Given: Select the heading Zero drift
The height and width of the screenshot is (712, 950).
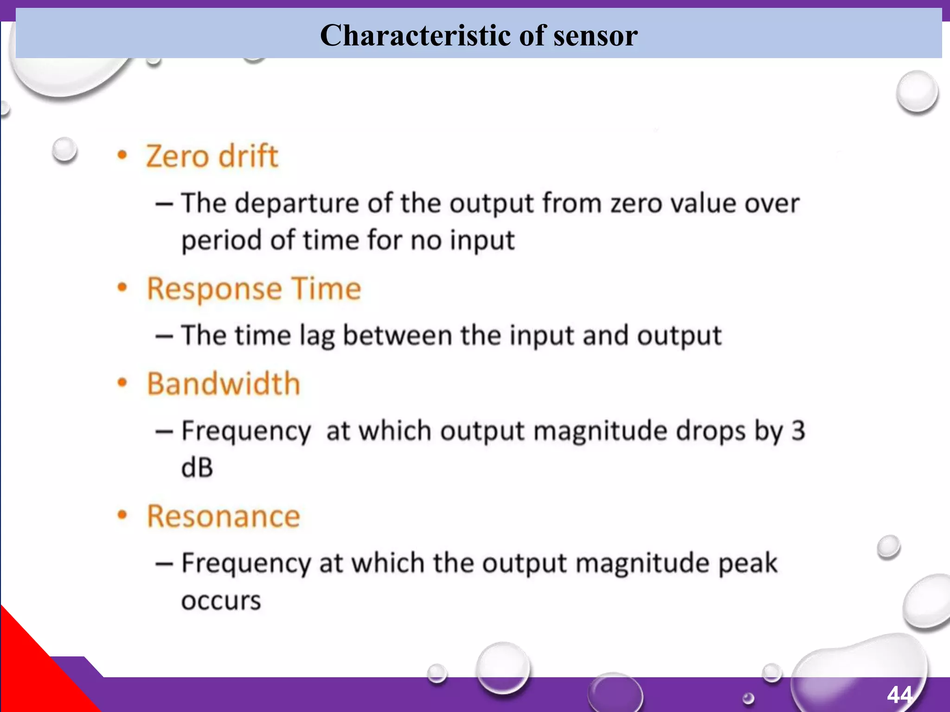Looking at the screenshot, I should pos(212,156).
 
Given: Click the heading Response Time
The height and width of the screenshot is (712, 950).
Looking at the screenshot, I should pos(254,289).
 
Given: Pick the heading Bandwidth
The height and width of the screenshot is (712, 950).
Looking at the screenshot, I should pos(224,384).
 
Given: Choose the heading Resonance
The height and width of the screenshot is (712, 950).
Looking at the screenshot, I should pos(224,516).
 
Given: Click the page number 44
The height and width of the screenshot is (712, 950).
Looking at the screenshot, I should pos(900,694).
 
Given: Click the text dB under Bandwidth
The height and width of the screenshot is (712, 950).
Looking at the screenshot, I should pos(197,468).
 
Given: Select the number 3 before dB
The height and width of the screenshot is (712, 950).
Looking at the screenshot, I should pos(798,431).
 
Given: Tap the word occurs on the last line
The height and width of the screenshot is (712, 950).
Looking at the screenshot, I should pos(221,601).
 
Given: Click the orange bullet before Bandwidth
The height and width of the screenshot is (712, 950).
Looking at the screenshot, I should pos(122,383).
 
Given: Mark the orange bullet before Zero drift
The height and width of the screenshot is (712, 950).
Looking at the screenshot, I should pos(122,156).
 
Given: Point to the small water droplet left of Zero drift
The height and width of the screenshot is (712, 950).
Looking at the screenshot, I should pos(64,150).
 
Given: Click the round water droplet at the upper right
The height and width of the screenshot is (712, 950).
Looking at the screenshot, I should pos(917,91).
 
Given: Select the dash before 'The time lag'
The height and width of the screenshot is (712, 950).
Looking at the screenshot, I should pos(164,336).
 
